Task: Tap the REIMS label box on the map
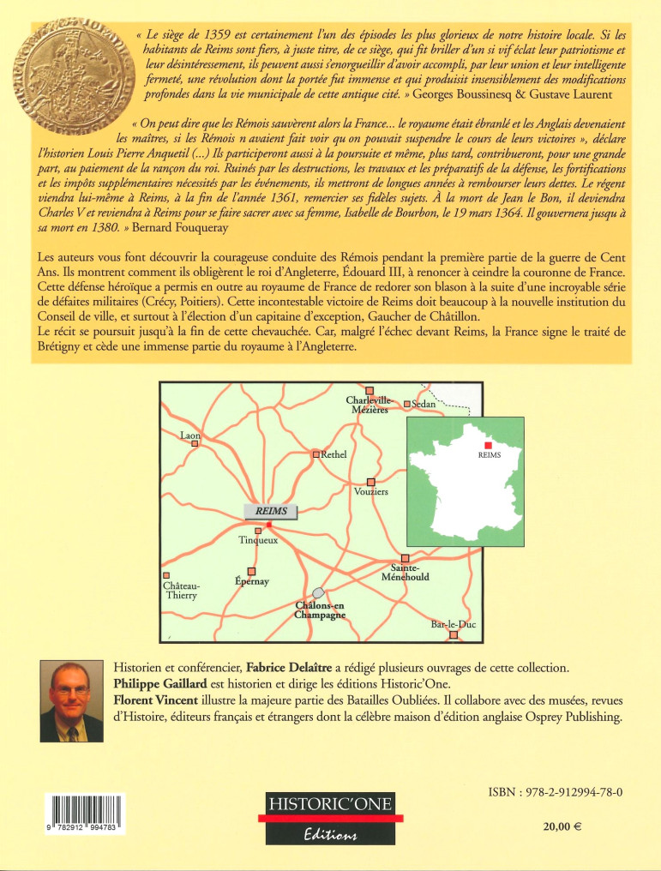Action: click(271, 511)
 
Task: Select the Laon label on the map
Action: click(190, 435)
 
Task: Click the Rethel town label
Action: click(333, 454)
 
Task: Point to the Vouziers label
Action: click(371, 492)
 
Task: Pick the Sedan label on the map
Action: click(424, 403)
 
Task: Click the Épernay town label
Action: click(252, 581)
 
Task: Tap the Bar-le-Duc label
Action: click(453, 625)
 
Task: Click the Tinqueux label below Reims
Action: click(258, 541)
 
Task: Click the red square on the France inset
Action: click(488, 446)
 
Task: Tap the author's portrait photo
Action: click(72, 701)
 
